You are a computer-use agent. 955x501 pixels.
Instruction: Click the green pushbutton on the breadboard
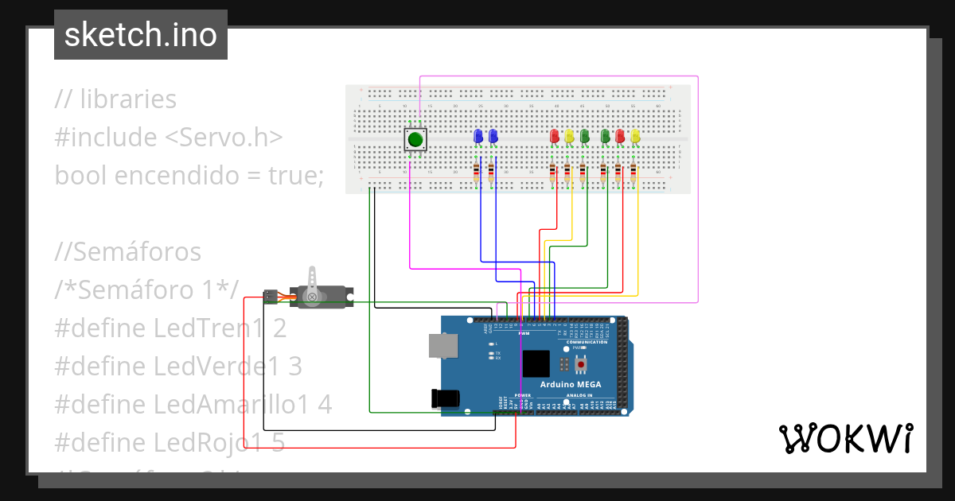[415, 141]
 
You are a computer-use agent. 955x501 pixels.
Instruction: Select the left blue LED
[478, 136]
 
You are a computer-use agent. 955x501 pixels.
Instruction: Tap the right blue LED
[493, 136]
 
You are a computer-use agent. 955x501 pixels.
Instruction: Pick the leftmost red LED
[555, 136]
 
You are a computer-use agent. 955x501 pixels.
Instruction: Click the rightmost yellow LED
[635, 136]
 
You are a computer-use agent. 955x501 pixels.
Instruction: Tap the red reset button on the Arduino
[582, 364]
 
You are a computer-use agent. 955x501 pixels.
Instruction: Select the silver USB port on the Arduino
[443, 345]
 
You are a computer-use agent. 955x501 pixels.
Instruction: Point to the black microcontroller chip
[536, 363]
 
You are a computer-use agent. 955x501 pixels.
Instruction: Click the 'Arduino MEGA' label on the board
[571, 385]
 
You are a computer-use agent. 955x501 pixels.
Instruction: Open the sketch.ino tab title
[141, 35]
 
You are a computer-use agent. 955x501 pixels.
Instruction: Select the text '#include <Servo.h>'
[169, 137]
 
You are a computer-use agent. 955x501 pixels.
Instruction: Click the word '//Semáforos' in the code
[128, 251]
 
